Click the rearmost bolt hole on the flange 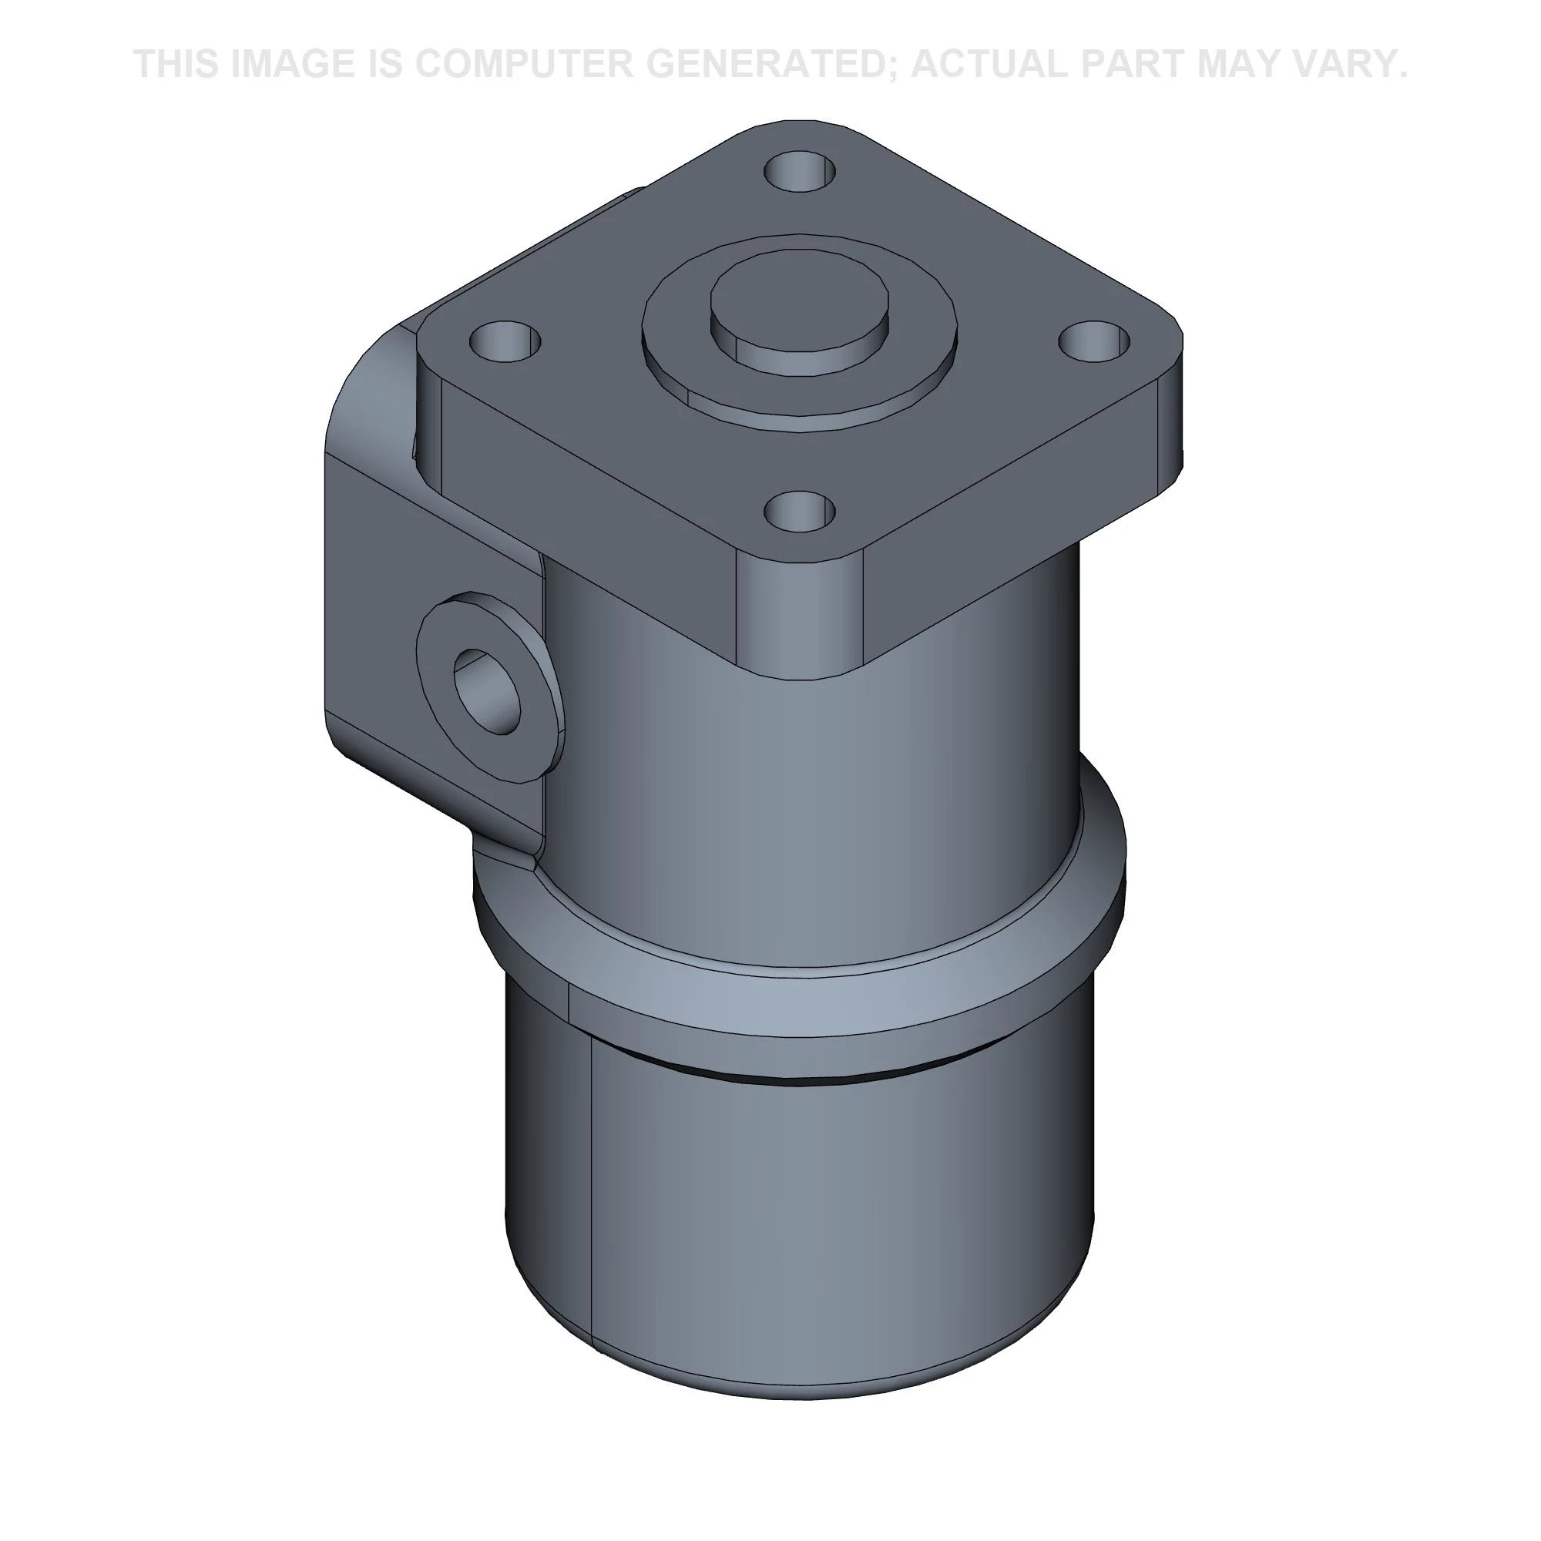800,171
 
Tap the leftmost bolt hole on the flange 505,341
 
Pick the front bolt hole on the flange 800,511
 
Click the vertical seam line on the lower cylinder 591,1197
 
